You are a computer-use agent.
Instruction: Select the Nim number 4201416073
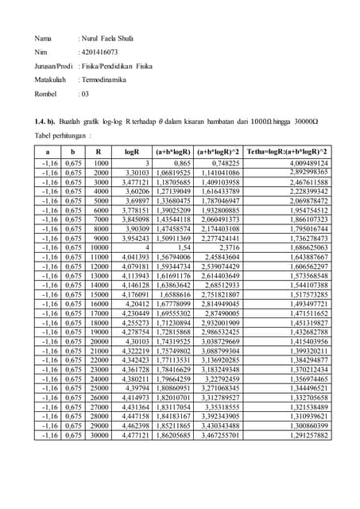pos(100,52)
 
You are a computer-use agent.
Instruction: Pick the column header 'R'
pos(99,149)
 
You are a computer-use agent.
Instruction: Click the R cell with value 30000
pos(99,436)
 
